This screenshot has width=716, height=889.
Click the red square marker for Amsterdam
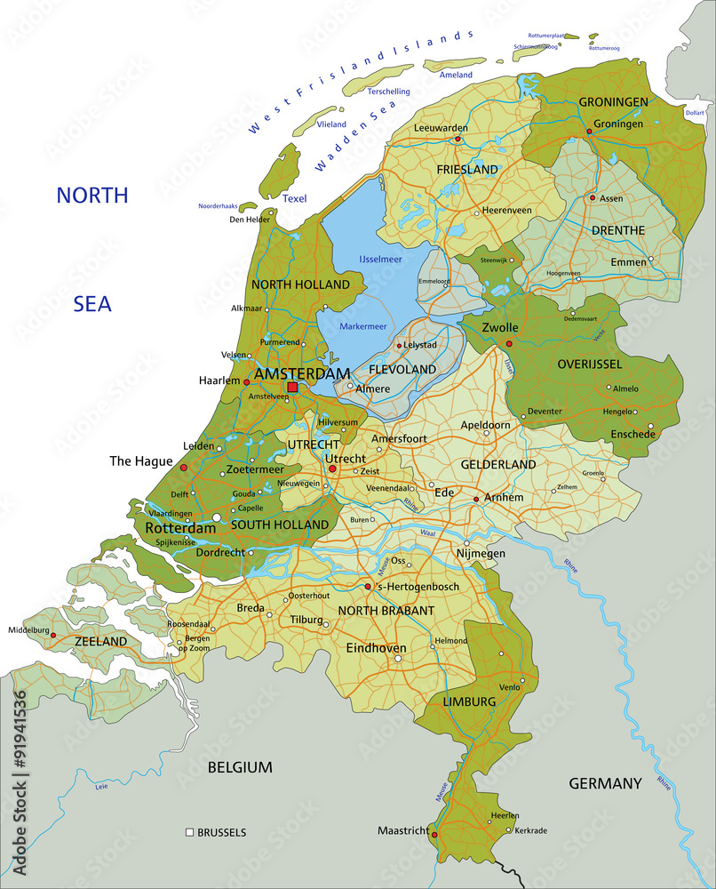292,388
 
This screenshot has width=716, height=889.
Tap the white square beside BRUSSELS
189,832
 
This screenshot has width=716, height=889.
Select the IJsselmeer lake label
380,259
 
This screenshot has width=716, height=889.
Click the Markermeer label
363,326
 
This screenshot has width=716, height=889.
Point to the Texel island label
294,198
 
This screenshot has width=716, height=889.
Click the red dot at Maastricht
434,835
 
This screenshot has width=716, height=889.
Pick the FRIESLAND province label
466,169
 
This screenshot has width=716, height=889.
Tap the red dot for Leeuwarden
458,140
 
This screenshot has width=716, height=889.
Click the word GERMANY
604,783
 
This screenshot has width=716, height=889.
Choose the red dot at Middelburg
53,636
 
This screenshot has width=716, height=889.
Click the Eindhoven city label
376,648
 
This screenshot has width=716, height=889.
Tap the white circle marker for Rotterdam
217,517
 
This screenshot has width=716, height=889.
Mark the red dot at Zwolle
509,343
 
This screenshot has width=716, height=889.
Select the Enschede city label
632,434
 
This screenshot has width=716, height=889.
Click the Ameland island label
457,76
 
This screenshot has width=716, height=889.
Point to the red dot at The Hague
184,467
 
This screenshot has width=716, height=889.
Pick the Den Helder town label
249,220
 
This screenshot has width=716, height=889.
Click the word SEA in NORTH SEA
92,304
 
